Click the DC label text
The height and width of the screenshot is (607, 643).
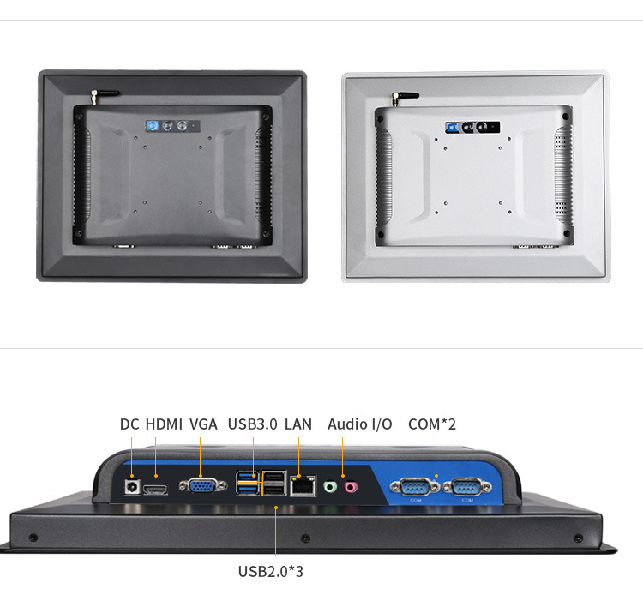tap(129, 424)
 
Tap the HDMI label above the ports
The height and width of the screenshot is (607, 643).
tap(163, 424)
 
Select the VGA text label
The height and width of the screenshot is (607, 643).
tap(203, 424)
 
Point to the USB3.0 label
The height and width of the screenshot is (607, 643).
tap(252, 424)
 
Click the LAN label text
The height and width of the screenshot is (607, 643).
tap(298, 424)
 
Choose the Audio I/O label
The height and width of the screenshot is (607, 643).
tap(359, 424)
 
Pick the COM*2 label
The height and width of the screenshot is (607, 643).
tap(432, 424)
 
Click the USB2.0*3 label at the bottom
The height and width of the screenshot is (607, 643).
tap(271, 570)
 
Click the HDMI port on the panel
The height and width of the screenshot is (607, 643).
tap(155, 489)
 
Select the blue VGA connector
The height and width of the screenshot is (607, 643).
tap(198, 486)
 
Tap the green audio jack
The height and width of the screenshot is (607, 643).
tap(330, 486)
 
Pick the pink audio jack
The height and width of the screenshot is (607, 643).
tap(350, 486)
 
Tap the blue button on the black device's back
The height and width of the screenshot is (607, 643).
tap(153, 127)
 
